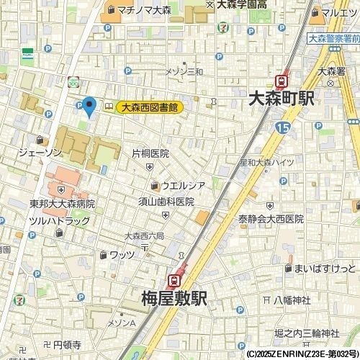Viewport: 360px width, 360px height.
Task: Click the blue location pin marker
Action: tap(89, 107)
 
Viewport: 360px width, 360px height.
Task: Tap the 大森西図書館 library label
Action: tap(150, 107)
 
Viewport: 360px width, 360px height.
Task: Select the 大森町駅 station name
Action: tap(280, 99)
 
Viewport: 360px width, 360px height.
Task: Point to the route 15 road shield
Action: tap(282, 127)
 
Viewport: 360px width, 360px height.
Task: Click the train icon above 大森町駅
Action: tap(282, 81)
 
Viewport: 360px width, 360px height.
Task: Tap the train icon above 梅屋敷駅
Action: tap(174, 279)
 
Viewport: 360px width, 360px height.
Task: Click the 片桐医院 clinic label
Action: tap(150, 153)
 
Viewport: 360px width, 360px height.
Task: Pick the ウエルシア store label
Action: tap(183, 186)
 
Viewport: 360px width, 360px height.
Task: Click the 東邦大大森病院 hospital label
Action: tap(62, 204)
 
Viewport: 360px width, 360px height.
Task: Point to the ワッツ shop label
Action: tap(122, 254)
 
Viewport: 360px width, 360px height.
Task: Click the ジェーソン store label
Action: tap(40, 153)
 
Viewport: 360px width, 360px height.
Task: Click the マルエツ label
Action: tap(338, 12)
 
